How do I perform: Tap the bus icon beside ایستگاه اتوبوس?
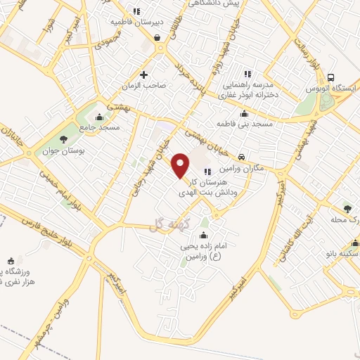[x=330, y=78]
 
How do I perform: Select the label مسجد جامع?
[x=99, y=127]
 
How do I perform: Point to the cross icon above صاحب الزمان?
[x=144, y=74]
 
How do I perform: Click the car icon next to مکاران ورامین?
[x=241, y=157]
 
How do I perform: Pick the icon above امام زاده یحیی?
[x=205, y=234]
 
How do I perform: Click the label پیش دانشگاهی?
[x=214, y=4]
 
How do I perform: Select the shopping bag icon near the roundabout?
[x=156, y=37]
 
